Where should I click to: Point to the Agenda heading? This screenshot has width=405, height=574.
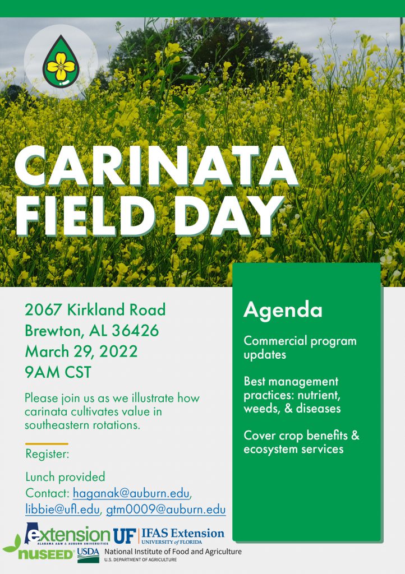tap(283, 310)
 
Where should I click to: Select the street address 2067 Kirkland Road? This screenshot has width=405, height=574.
tap(95, 309)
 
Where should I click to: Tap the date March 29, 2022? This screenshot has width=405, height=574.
tap(81, 352)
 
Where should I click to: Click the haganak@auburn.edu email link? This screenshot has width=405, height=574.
tap(132, 493)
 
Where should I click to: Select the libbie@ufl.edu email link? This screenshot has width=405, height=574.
tap(62, 510)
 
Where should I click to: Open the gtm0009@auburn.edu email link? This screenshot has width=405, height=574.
tap(166, 510)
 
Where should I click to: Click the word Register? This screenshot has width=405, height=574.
tap(47, 454)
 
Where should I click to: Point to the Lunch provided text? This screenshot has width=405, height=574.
tap(65, 477)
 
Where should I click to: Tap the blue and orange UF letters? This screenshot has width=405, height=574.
tap(125, 535)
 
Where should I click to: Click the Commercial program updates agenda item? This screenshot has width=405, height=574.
tap(300, 348)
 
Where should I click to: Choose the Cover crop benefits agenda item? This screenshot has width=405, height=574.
tap(301, 442)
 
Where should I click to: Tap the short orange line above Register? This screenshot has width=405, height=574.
tap(47, 443)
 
